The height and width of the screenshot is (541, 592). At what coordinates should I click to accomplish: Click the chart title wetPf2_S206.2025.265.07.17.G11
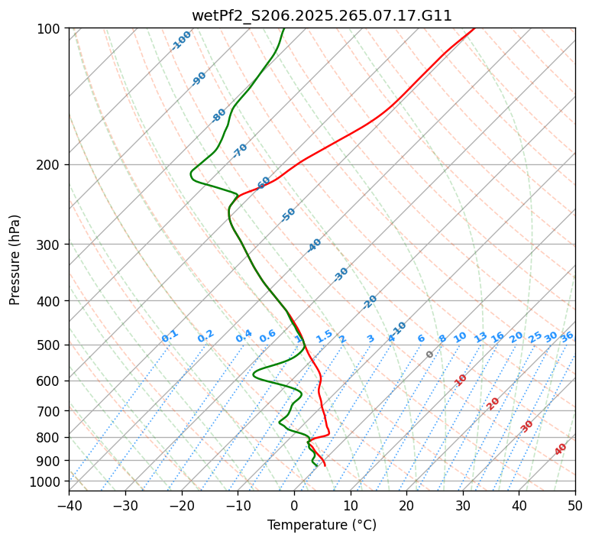click(x=322, y=15)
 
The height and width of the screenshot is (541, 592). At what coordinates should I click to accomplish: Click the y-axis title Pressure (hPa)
click(x=15, y=259)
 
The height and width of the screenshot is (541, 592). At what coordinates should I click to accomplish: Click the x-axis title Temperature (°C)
click(x=322, y=526)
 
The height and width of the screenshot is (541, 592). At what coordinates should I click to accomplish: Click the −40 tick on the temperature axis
click(x=69, y=505)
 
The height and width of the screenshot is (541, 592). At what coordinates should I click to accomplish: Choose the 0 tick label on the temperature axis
click(x=294, y=505)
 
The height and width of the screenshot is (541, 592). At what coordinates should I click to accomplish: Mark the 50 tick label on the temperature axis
click(x=575, y=505)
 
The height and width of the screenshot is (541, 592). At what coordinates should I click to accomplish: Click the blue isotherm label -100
click(x=182, y=40)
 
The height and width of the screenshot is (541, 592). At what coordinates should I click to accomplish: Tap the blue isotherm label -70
click(x=240, y=150)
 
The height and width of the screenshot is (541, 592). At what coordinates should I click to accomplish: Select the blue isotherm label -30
click(x=341, y=274)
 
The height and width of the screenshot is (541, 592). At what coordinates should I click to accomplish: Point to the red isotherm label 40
click(x=561, y=449)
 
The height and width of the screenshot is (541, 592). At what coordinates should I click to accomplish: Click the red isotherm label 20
click(x=493, y=403)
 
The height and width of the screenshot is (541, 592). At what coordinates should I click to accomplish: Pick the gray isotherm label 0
click(x=430, y=355)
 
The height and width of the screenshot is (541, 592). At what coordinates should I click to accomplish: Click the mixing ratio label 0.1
click(x=170, y=336)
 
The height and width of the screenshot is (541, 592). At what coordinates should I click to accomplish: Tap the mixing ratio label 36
click(x=567, y=336)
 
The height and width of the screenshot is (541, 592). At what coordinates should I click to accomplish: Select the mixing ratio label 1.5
click(x=325, y=336)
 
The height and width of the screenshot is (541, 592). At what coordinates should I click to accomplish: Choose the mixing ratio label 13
click(x=480, y=337)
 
